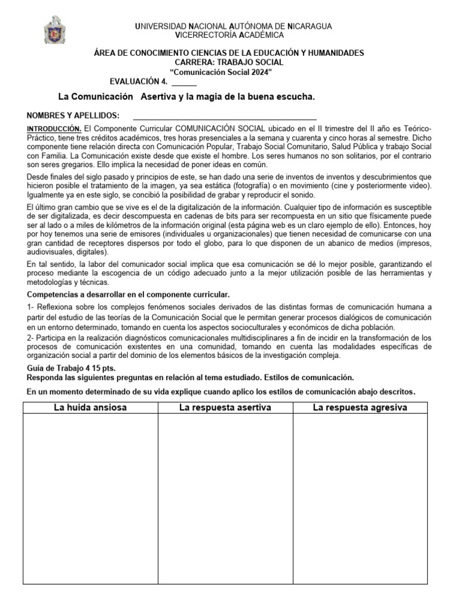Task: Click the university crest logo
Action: click(55, 30)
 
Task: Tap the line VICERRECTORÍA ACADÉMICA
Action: click(229, 35)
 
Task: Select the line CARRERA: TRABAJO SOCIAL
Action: click(229, 62)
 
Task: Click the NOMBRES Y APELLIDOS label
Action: click(74, 116)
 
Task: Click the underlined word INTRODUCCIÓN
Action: click(54, 129)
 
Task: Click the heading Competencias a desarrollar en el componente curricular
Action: click(128, 295)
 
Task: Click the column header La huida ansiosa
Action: click(90, 408)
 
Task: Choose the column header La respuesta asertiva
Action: click(225, 408)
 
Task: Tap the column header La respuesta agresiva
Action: click(360, 408)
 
